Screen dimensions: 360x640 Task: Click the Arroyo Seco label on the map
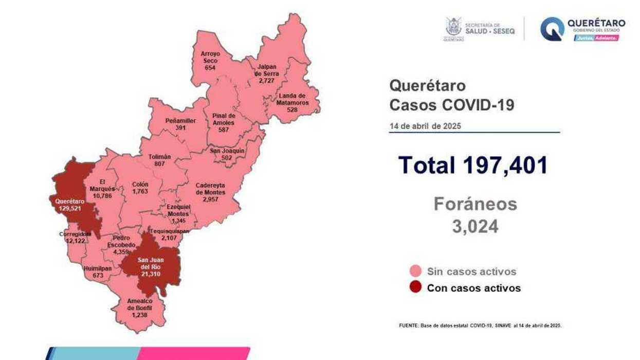tap(210, 57)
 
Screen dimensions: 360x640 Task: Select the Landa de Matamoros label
tap(292, 99)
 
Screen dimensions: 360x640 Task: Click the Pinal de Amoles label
tap(223, 119)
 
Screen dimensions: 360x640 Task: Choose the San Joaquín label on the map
tap(227, 151)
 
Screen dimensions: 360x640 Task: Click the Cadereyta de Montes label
tap(210, 189)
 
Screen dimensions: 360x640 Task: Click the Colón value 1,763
tap(140, 191)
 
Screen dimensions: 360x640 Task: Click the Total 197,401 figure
tap(473, 165)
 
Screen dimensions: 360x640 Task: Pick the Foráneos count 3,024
tap(475, 227)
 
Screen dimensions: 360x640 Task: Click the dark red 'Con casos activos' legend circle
tap(415, 287)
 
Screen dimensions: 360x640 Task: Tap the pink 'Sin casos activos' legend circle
tap(415, 271)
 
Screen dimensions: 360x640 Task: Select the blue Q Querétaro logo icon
tap(552, 29)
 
